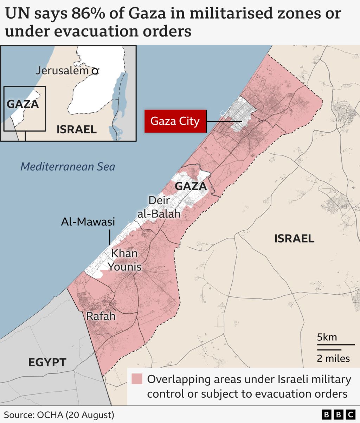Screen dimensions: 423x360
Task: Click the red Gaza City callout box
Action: click(x=175, y=121)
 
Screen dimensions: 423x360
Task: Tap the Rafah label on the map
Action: click(x=101, y=316)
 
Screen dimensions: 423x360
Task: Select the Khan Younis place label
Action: click(x=124, y=260)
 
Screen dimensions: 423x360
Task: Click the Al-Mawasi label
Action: click(x=88, y=222)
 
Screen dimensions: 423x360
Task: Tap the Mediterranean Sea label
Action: click(x=67, y=166)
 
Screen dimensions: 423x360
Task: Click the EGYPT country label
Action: click(x=47, y=362)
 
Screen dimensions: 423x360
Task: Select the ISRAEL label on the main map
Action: click(x=294, y=239)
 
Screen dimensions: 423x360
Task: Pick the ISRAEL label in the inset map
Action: click(x=76, y=129)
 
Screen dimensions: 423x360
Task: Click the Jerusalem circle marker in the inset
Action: click(x=95, y=71)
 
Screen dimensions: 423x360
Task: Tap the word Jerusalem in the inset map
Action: click(x=62, y=71)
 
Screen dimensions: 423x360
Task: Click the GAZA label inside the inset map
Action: click(x=23, y=104)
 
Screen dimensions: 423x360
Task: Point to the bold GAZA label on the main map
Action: click(x=191, y=186)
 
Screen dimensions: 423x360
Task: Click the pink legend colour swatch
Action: click(x=137, y=379)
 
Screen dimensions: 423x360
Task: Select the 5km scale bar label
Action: click(x=327, y=337)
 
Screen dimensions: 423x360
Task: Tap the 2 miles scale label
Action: click(x=333, y=358)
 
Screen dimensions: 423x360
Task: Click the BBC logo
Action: click(x=339, y=415)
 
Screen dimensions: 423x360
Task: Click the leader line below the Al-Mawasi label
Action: click(x=110, y=237)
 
